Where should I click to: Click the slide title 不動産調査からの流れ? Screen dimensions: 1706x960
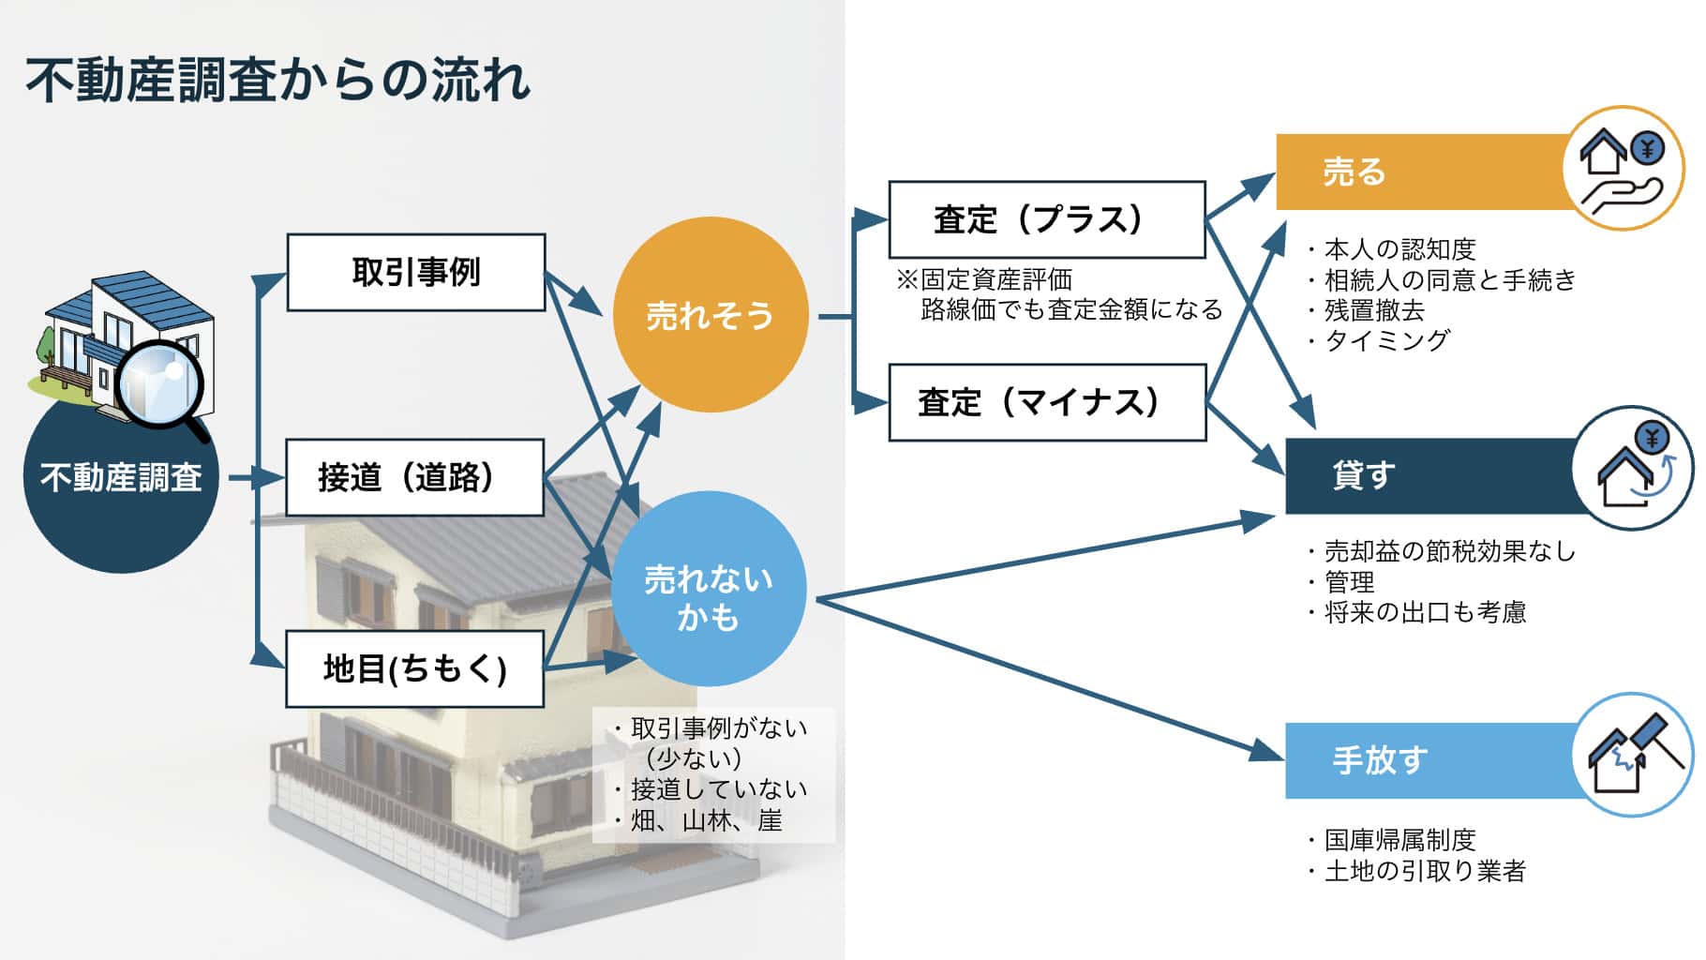(x=278, y=80)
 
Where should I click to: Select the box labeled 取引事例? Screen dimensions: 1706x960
(x=415, y=272)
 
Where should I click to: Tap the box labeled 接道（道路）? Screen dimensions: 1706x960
(x=414, y=477)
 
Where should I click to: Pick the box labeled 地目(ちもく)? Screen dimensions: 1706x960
(x=414, y=668)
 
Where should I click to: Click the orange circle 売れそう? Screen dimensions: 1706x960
(x=710, y=314)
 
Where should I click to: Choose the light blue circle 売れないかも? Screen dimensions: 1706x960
(x=709, y=589)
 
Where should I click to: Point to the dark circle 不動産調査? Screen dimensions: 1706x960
(x=121, y=476)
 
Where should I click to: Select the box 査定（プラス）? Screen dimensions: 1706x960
(x=1047, y=219)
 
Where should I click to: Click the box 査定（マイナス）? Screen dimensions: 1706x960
(x=1047, y=402)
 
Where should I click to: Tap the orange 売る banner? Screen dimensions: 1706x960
(x=1425, y=172)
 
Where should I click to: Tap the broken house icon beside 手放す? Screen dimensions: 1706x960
(x=1632, y=755)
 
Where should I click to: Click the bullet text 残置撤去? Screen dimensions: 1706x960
(x=1374, y=310)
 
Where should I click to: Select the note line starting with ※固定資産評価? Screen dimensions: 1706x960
(x=984, y=279)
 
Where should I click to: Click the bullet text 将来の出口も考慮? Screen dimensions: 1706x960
(x=1425, y=613)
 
